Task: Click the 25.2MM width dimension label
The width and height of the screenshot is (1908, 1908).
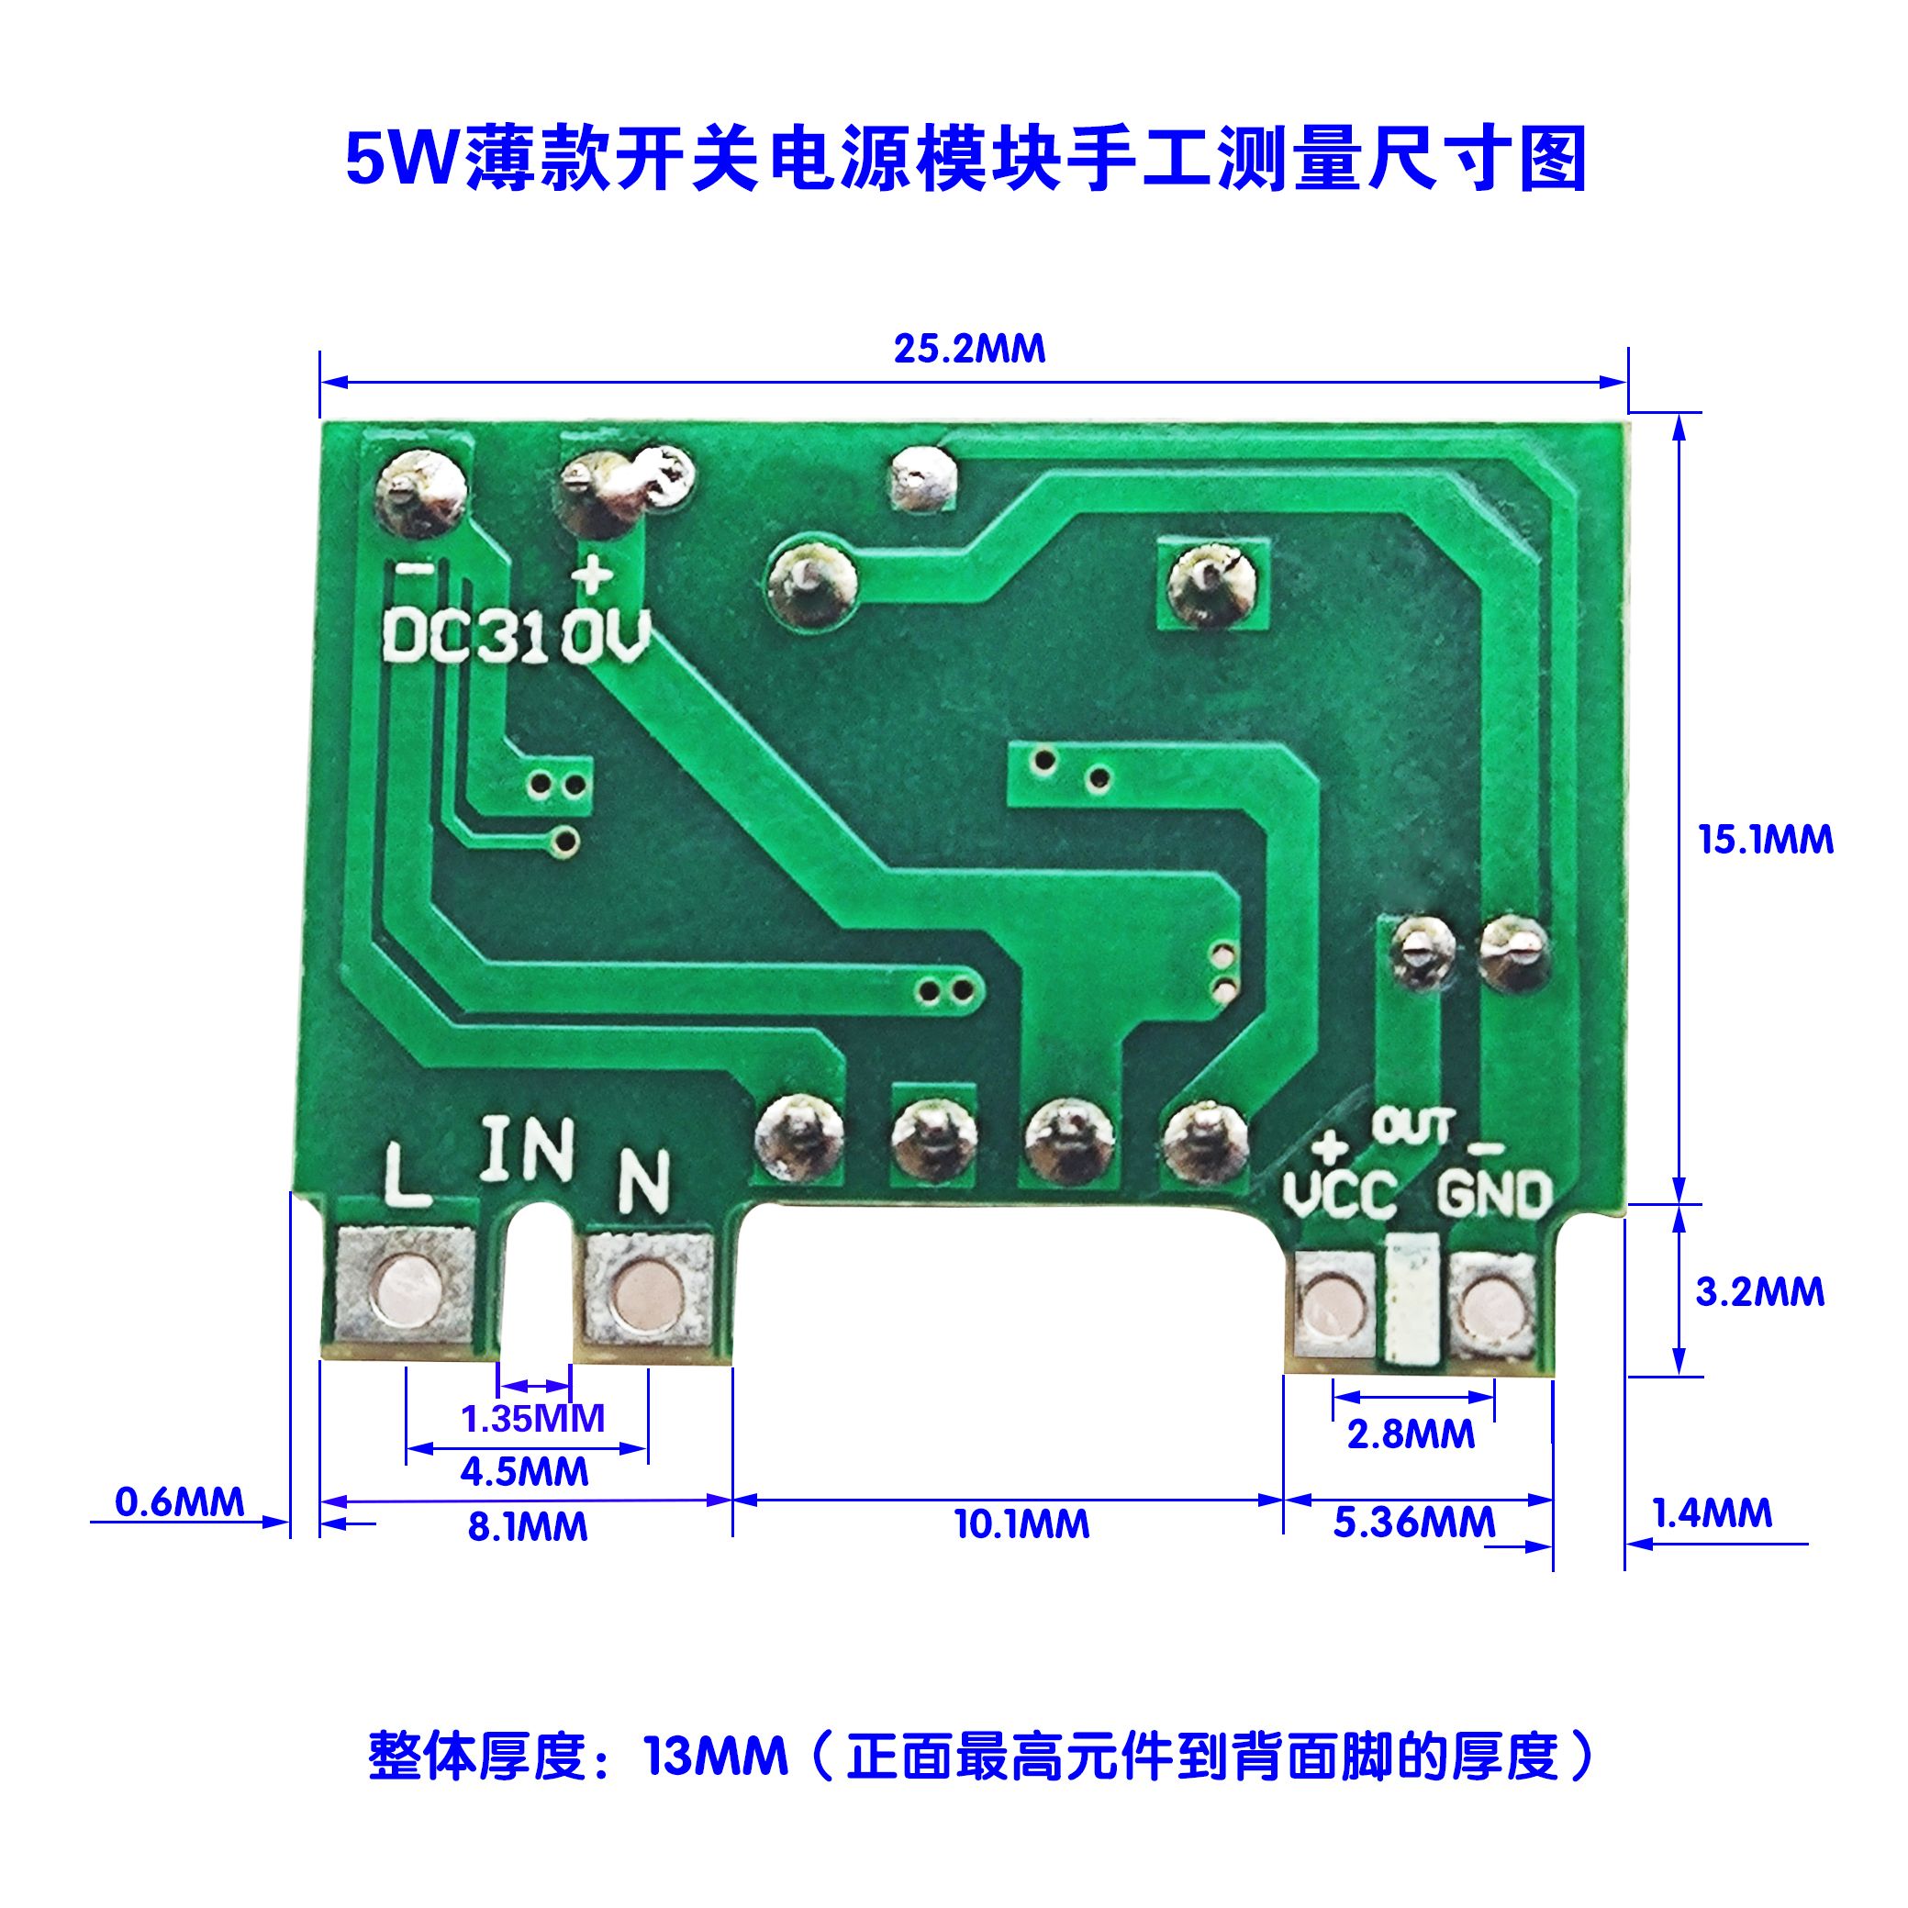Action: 969,350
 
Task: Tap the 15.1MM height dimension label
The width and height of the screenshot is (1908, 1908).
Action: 1765,840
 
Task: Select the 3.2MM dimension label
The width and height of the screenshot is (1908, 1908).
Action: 1760,1292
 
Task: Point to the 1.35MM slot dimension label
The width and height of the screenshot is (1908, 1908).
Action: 532,1418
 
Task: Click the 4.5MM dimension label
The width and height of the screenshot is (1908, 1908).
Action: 524,1472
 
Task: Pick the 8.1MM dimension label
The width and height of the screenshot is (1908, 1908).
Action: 528,1527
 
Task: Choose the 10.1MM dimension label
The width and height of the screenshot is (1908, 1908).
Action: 1021,1524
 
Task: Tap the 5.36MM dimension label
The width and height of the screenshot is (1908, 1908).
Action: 1414,1523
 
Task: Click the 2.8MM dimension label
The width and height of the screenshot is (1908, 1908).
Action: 1411,1434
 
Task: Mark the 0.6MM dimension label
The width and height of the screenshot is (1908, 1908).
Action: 180,1502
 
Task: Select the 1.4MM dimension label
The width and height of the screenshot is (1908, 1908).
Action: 1713,1513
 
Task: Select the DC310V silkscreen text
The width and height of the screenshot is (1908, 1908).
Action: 516,637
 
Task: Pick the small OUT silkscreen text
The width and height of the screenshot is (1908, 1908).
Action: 1413,1126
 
